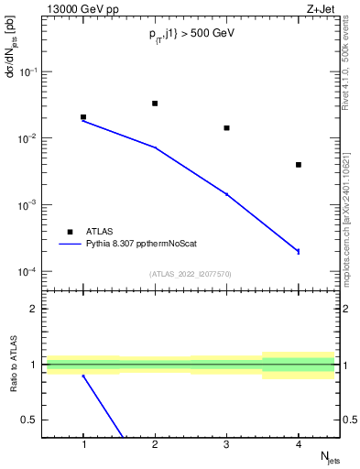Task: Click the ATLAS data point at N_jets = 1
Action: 83,117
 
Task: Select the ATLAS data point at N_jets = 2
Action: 155,104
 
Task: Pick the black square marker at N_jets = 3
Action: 226,128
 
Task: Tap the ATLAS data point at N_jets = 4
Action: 299,165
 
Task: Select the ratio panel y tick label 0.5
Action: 34,420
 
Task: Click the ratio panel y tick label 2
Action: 38,309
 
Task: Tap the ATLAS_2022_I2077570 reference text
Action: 190,274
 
